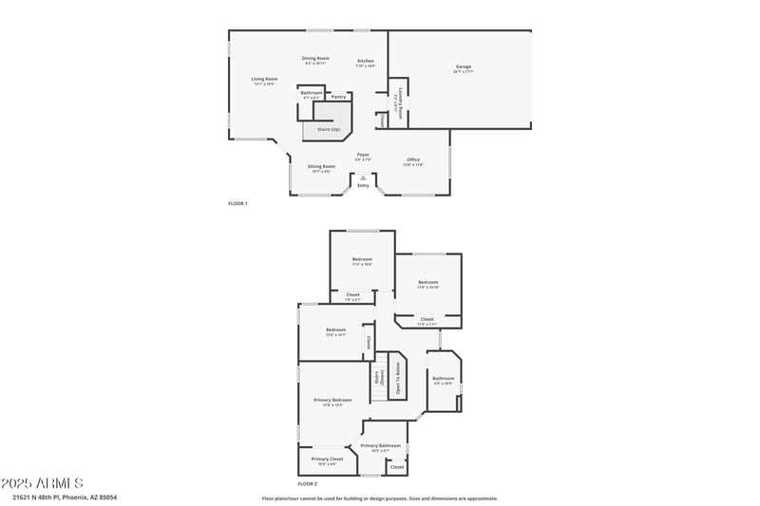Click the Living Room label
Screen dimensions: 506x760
[264, 79]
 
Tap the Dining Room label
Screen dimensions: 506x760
[315, 59]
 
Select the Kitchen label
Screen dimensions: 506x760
[366, 62]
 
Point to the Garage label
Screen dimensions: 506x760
[463, 66]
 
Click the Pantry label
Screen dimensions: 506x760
[338, 97]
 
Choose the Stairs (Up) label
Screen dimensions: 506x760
[329, 129]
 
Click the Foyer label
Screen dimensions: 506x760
[363, 155]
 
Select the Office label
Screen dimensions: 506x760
[413, 159]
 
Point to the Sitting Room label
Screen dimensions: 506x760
[321, 166]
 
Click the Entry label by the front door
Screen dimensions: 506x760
[363, 185]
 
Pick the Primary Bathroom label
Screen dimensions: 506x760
[380, 445]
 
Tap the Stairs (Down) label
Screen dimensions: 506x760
[378, 378]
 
